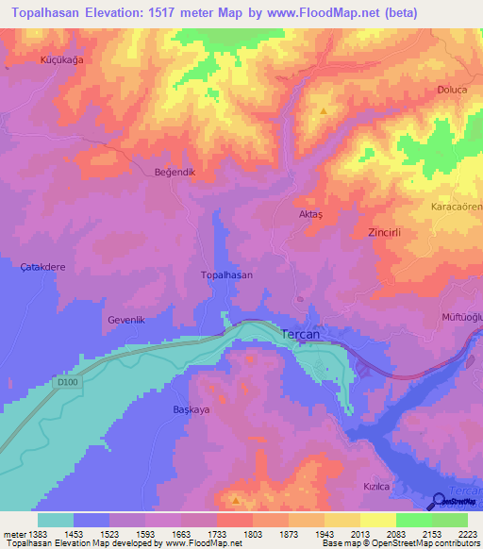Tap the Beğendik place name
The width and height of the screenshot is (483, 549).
[174, 173]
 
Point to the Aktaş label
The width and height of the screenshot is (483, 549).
[310, 214]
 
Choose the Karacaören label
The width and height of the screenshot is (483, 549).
[457, 207]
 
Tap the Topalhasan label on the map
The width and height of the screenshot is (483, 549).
[226, 274]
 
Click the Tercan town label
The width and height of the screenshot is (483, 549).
[305, 333]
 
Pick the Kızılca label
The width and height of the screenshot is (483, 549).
[377, 485]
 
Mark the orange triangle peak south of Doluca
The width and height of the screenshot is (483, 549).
[324, 111]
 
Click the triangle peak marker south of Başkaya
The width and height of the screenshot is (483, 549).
[236, 499]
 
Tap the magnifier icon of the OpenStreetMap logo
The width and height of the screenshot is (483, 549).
[439, 503]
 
